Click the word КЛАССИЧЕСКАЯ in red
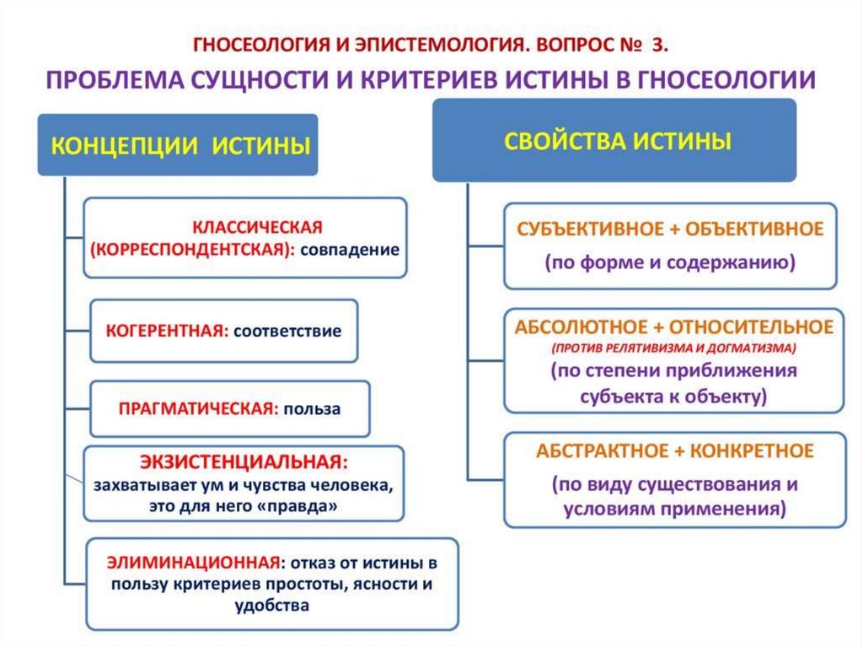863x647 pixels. point(258,228)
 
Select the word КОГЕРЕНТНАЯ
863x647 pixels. point(167,331)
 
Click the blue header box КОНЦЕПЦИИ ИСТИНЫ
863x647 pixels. point(177,145)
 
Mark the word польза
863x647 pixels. point(312,408)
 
